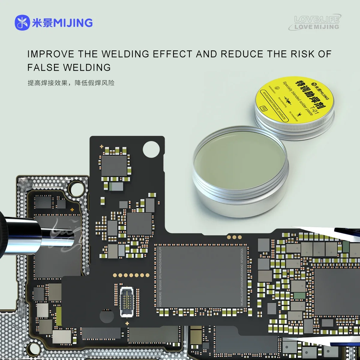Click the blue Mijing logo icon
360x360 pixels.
[x=22, y=23]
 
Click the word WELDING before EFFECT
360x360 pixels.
[x=125, y=54]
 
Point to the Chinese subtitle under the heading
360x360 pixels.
[x=71, y=83]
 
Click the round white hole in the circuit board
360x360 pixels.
[x=151, y=149]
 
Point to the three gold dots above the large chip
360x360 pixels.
[x=234, y=237]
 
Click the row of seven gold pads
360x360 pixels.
[x=131, y=275]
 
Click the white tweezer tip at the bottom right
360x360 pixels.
[x=300, y=340]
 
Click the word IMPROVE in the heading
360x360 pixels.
[x=50, y=54]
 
